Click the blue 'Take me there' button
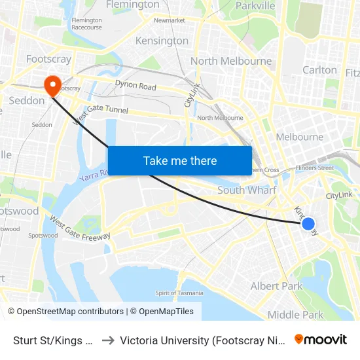[180, 160]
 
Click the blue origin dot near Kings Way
[308, 225]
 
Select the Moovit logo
[321, 339]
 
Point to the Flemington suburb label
[132, 5]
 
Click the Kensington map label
[161, 41]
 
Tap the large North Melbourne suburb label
[231, 61]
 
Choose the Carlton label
[319, 69]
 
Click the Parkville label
[255, 5]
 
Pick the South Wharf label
[247, 190]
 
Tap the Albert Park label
[276, 286]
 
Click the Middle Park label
[295, 315]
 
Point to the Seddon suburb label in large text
[27, 100]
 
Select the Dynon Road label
[135, 86]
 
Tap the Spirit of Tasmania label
[179, 293]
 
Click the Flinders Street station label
[315, 168]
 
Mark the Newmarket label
[169, 20]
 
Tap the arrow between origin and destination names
[108, 340]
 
